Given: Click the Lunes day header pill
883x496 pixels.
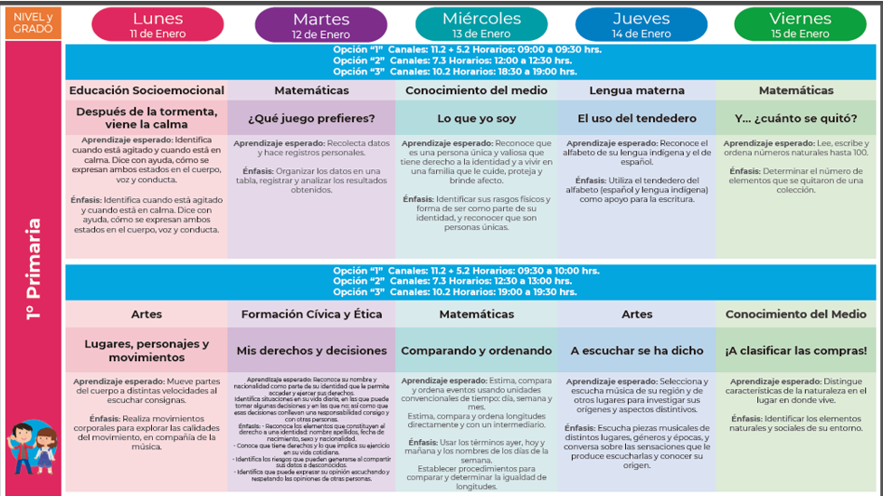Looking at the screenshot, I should [157, 24].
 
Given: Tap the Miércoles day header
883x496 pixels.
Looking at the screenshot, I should [480, 24].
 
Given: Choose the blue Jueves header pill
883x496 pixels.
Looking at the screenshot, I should [641, 24].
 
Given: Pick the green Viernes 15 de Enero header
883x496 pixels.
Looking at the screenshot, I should [800, 24].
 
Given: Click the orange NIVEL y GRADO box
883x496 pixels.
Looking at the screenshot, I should [32, 23].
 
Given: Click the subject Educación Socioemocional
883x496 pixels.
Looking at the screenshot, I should [147, 91].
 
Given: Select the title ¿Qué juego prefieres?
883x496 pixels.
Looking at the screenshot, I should [311, 119].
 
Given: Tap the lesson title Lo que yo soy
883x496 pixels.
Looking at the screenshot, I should [476, 119].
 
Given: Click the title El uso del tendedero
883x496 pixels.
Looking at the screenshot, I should [637, 119].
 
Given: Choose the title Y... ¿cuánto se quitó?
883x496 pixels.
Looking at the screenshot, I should [796, 119].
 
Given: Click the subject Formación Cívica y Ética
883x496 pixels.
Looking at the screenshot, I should [311, 314].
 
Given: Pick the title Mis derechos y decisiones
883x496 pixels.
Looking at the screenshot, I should [311, 350].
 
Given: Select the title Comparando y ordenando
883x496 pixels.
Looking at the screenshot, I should [476, 350].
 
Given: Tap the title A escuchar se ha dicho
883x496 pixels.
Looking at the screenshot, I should [637, 350].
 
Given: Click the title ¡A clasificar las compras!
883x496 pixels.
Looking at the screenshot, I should [796, 350].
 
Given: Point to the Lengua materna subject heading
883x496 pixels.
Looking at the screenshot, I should [637, 91].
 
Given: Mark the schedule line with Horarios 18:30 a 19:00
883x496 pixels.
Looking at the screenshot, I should [454, 72].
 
